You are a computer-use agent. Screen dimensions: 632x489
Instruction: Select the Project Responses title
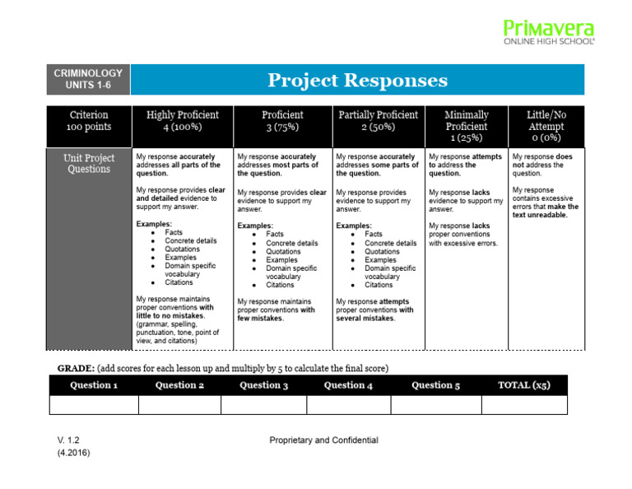coord(357,80)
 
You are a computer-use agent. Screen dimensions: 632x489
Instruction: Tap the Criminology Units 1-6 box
coord(88,80)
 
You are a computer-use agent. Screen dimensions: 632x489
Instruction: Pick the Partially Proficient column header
coord(378,121)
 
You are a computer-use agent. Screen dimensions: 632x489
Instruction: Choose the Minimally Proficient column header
coord(466,126)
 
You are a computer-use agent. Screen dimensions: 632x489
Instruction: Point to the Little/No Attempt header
coord(546,126)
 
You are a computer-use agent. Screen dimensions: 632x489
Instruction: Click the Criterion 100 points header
coord(88,121)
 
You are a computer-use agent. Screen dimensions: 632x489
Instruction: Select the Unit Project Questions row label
coord(88,163)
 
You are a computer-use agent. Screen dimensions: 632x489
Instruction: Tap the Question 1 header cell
coord(93,385)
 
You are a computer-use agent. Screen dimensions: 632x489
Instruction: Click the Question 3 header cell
coord(263,385)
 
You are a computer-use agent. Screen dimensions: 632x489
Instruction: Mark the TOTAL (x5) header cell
coord(524,385)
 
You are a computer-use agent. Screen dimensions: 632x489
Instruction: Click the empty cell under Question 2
coord(179,404)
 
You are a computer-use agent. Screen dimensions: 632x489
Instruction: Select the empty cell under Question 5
coord(435,404)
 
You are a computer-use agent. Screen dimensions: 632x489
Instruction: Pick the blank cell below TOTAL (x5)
coord(524,404)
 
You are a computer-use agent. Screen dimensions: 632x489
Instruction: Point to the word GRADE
coord(74,368)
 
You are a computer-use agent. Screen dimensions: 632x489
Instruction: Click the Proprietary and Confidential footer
coord(323,440)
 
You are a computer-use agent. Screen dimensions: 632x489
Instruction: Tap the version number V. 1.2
coord(69,440)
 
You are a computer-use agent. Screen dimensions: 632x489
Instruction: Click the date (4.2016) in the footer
coord(74,453)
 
